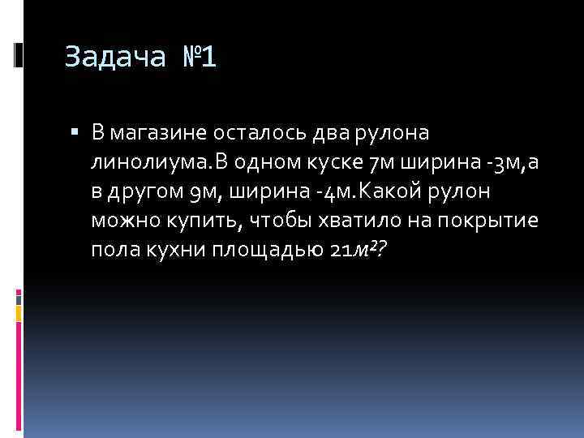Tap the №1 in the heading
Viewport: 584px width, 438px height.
coord(194,58)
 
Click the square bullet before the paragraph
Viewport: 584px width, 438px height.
coord(74,131)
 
